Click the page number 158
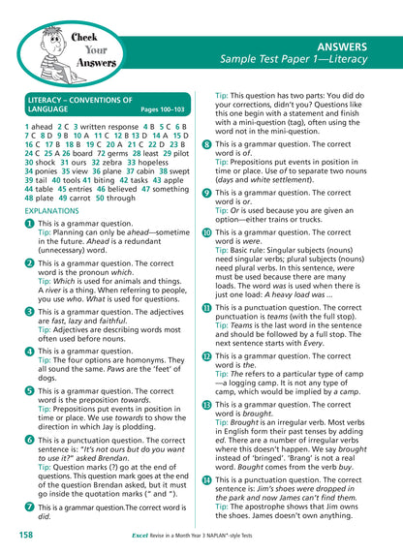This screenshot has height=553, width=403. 26,534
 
